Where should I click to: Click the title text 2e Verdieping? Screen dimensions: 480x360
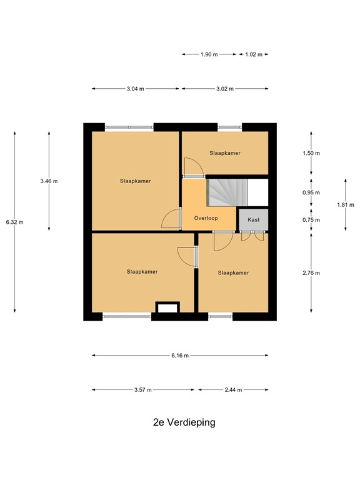(184, 422)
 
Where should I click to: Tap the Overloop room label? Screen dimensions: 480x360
(206, 219)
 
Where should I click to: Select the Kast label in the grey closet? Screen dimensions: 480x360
(254, 220)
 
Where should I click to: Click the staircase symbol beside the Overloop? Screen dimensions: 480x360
(227, 192)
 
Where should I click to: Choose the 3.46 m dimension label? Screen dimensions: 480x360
(49, 181)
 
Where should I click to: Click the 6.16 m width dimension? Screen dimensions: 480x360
(180, 356)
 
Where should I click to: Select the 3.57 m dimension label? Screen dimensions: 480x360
(142, 389)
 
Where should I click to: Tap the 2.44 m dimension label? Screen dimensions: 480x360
(233, 389)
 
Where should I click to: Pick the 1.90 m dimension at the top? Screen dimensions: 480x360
(209, 54)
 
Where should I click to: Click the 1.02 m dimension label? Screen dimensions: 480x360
(254, 54)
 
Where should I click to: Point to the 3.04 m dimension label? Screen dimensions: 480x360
(135, 89)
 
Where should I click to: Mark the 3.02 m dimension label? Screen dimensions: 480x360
(224, 89)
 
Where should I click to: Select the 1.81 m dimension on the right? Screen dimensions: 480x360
(346, 204)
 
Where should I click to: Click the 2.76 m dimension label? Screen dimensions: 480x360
(311, 273)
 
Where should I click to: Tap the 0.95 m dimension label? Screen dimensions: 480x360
(311, 193)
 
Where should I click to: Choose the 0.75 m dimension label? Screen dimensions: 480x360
(311, 220)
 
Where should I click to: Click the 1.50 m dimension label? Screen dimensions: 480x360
(311, 153)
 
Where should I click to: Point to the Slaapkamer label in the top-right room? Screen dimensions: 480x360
(225, 152)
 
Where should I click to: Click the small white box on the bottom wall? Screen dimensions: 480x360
(167, 307)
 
